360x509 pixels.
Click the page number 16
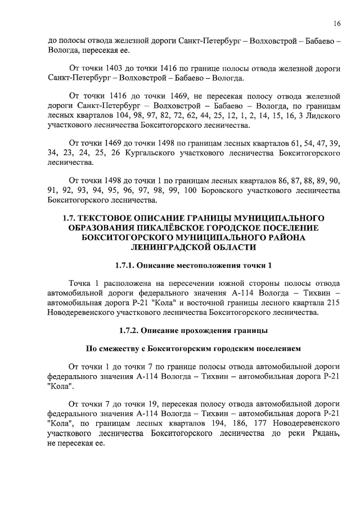coord(336,24)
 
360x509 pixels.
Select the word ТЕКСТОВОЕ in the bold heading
coord(119,217)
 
